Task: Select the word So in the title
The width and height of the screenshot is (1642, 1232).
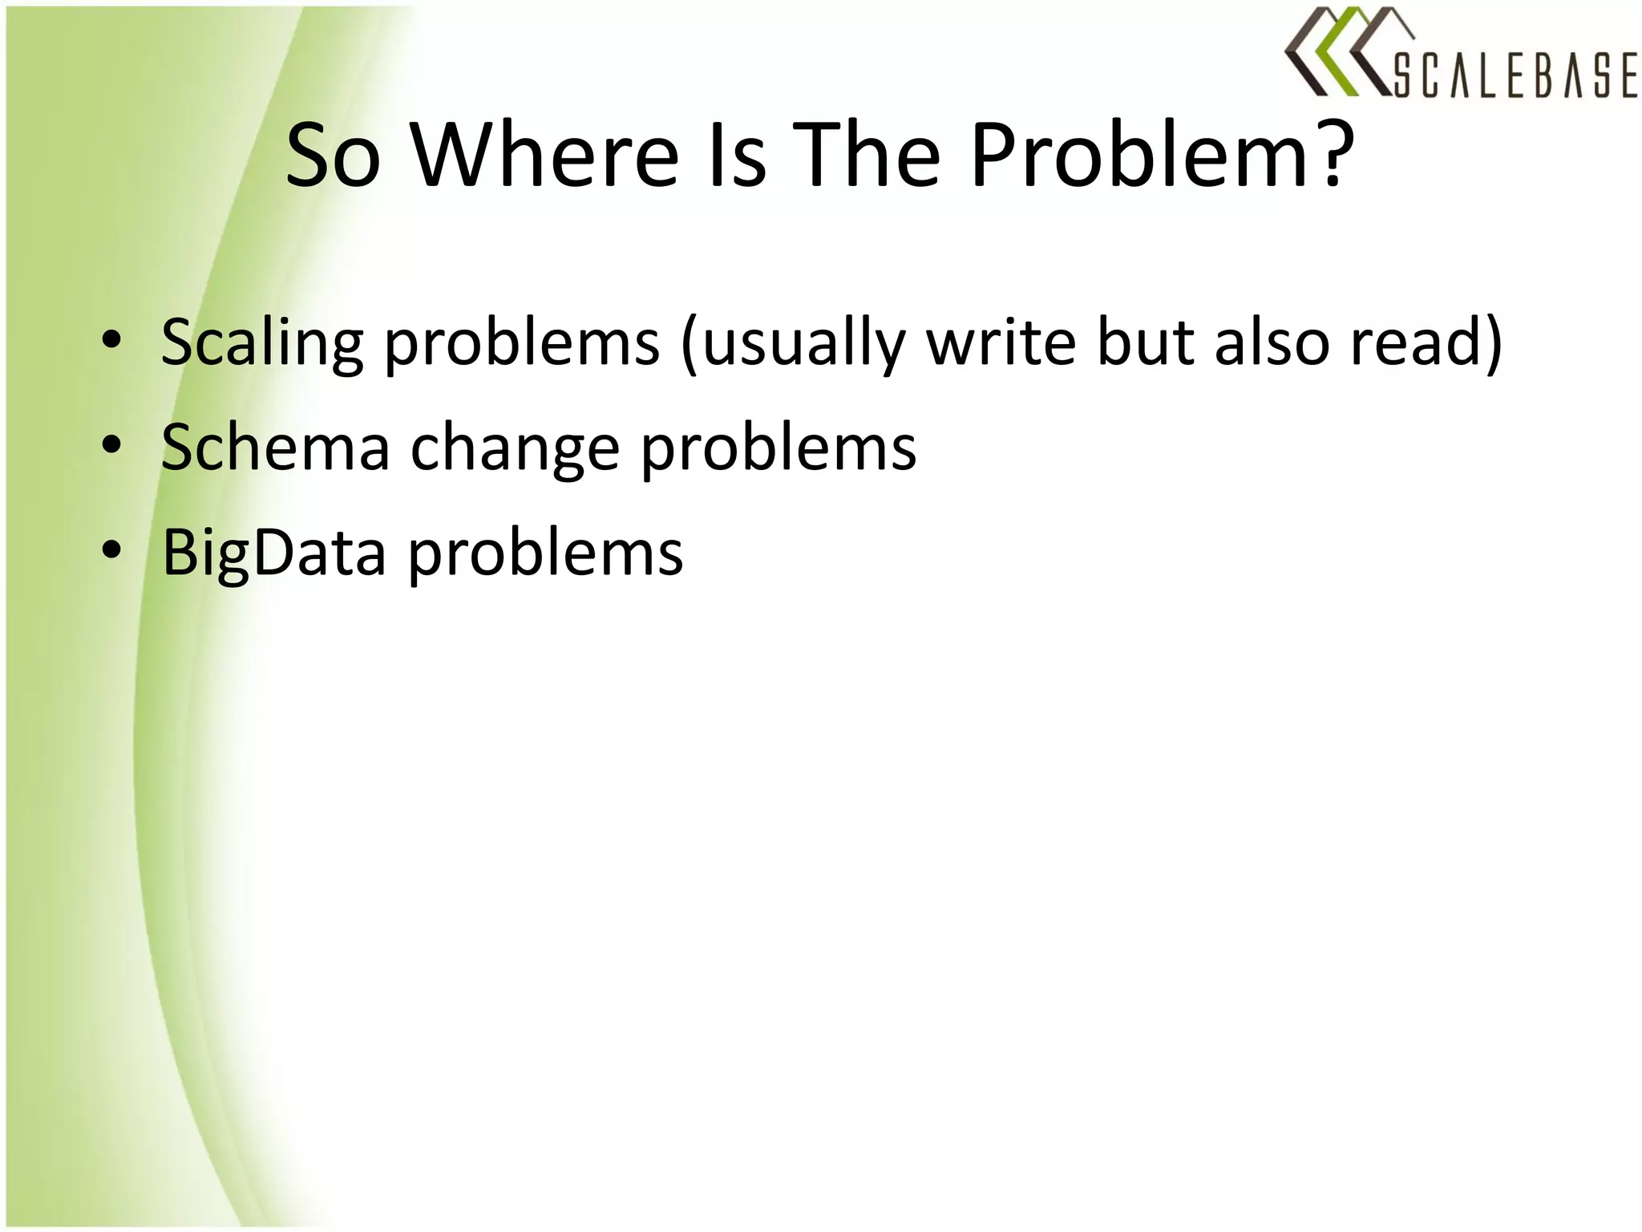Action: (x=333, y=156)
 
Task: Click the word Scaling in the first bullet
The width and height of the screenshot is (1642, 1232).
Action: (x=261, y=343)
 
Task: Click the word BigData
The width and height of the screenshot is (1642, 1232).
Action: (x=273, y=553)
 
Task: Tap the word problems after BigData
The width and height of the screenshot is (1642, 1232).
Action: (x=546, y=553)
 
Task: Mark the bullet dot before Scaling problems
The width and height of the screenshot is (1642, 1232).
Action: (x=111, y=340)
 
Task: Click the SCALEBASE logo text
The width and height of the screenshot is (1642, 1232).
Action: (x=1515, y=77)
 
